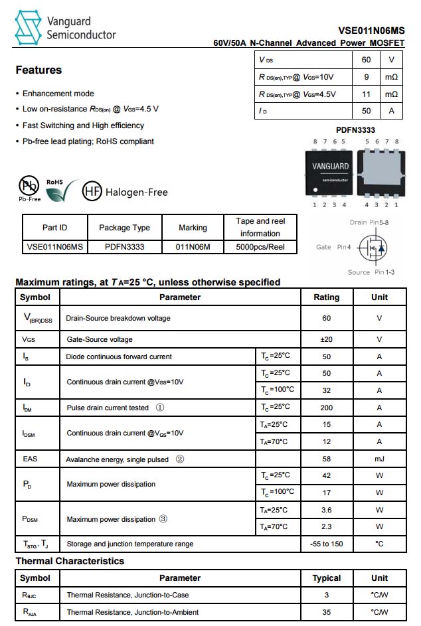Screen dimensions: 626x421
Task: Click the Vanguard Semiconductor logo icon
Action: pos(28,28)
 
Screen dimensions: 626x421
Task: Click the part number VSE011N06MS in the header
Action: pos(371,30)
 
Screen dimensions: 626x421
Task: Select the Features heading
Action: pos(39,70)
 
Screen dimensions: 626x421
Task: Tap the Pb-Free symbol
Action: pos(29,186)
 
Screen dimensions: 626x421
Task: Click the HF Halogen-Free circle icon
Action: pos(92,192)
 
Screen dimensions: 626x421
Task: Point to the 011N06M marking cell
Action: pos(193,247)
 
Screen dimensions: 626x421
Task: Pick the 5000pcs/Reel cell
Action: pos(260,247)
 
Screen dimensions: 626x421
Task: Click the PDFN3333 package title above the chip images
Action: pos(355,130)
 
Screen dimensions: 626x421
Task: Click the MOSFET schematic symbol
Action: pos(372,248)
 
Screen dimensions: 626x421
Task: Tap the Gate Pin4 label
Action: pos(333,247)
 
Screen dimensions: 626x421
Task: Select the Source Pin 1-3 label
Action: pos(371,272)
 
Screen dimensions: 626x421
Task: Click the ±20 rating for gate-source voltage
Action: pos(326,339)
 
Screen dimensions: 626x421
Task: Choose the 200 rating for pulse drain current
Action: pos(326,408)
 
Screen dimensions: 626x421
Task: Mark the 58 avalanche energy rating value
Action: pos(326,459)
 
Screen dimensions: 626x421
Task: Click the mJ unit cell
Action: pos(379,459)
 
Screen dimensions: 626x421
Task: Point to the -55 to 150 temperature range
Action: pos(326,544)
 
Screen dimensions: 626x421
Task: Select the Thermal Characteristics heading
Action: pos(70,561)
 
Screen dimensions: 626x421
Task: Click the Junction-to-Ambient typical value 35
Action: pos(326,612)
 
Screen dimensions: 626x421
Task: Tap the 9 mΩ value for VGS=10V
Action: pos(367,77)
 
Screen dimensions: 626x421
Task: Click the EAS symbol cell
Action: pos(31,459)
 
